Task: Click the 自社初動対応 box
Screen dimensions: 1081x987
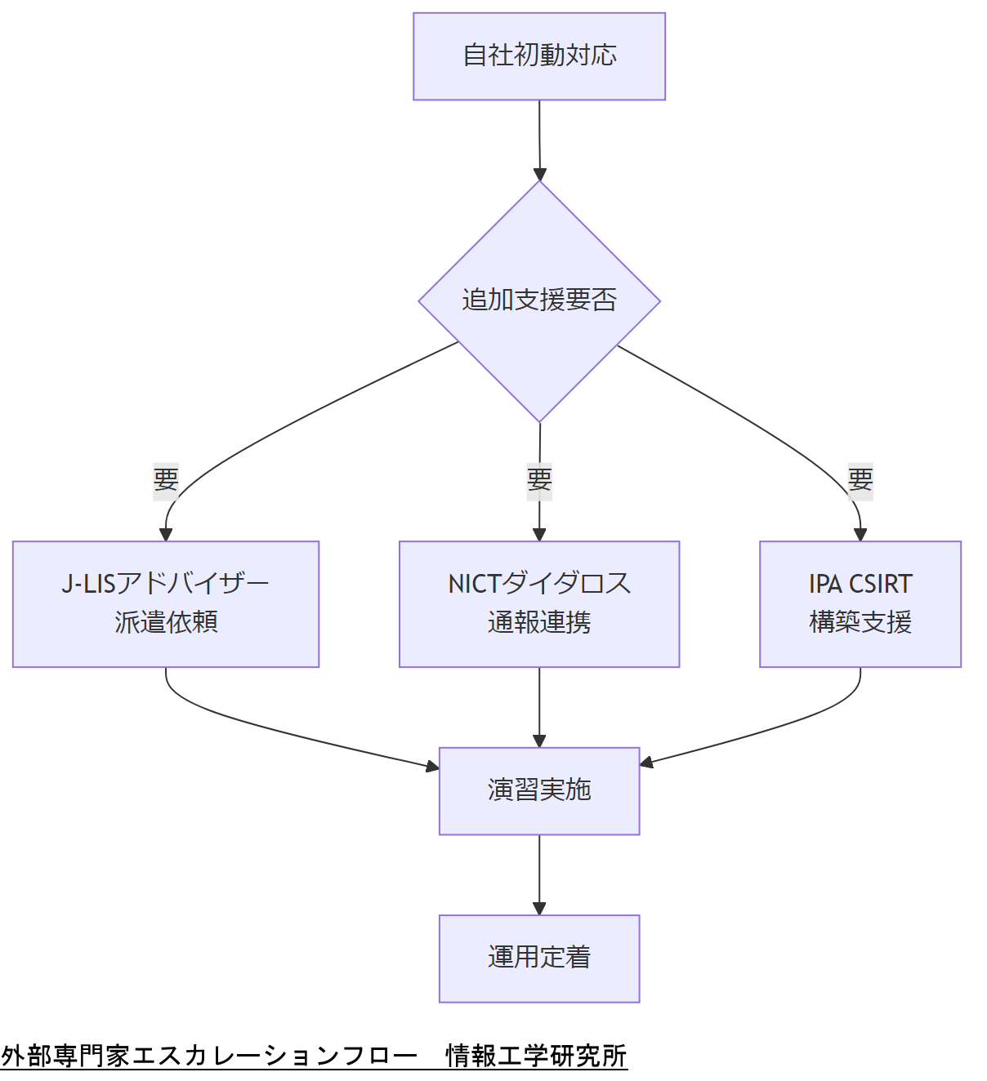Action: coord(539,56)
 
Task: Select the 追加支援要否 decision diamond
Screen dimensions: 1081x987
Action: coord(539,300)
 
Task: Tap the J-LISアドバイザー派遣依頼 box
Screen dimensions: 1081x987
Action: coord(166,604)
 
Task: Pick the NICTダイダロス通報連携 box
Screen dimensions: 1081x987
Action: coord(539,604)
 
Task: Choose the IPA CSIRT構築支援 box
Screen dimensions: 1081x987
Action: coord(860,604)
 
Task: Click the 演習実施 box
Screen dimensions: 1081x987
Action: coord(539,790)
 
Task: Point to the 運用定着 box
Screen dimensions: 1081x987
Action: coord(539,958)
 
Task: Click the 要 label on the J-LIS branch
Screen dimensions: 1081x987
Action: coord(166,479)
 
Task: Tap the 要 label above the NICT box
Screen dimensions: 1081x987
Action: coord(539,479)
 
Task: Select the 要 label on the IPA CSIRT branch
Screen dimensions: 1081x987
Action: coord(860,479)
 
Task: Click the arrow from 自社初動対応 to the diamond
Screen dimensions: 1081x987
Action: coord(539,139)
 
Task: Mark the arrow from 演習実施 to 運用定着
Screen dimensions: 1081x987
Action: coord(539,874)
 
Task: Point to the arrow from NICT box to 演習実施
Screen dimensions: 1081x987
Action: coord(539,706)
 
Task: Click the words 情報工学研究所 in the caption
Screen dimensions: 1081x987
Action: coord(536,1056)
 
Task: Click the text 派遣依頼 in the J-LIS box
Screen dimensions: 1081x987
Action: coord(166,622)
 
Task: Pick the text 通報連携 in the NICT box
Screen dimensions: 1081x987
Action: coord(539,622)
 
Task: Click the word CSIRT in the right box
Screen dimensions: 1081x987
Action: coord(880,584)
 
